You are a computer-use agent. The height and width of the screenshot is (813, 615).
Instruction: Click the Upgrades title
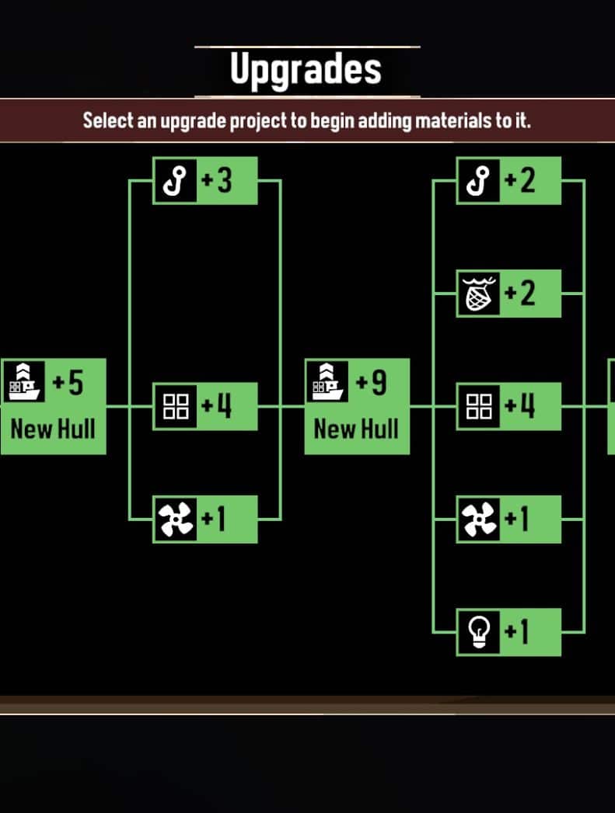pyautogui.click(x=306, y=70)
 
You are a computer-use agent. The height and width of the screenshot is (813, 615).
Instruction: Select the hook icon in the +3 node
pyautogui.click(x=176, y=180)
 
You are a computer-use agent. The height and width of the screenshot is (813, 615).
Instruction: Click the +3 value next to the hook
pyautogui.click(x=216, y=180)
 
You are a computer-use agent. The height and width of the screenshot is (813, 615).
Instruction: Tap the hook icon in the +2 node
pyautogui.click(x=478, y=180)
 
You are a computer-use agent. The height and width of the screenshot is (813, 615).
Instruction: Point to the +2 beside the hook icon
pyautogui.click(x=520, y=180)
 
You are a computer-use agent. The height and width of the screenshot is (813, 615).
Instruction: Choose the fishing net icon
pyautogui.click(x=478, y=294)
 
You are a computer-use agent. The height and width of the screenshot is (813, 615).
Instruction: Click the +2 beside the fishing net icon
pyautogui.click(x=520, y=293)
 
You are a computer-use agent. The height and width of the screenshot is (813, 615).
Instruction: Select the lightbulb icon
pyautogui.click(x=478, y=632)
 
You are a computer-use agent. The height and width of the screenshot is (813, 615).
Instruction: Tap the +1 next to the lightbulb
pyautogui.click(x=517, y=631)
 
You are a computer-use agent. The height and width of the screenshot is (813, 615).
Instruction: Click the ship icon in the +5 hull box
pyautogui.click(x=24, y=382)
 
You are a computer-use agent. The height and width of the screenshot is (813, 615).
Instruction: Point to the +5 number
pyautogui.click(x=68, y=383)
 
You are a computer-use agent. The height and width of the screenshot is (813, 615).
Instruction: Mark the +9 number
pyautogui.click(x=371, y=383)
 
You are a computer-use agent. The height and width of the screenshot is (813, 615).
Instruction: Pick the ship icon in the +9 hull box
pyautogui.click(x=327, y=382)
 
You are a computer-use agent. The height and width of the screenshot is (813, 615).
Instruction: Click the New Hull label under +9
pyautogui.click(x=357, y=429)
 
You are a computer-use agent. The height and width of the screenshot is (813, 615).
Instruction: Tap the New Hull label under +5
pyautogui.click(x=53, y=429)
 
